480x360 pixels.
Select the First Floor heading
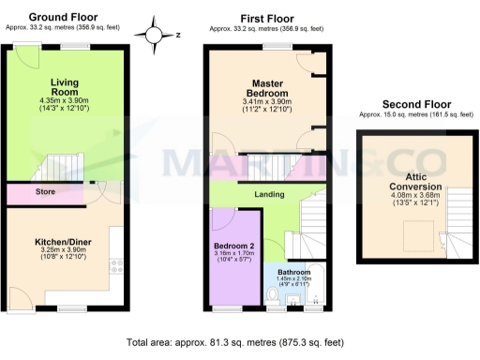click(267, 18)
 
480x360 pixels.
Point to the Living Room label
click(64, 87)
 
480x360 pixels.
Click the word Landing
click(269, 194)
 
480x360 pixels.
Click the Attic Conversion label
click(415, 180)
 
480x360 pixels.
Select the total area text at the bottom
click(239, 345)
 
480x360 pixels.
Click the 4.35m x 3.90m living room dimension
click(64, 101)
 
